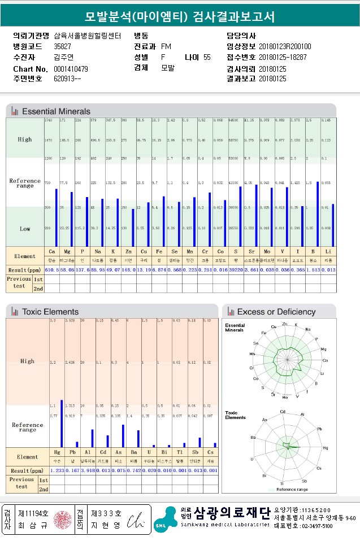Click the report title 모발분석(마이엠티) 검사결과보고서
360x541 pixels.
point(180,16)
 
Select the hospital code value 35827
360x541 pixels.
point(62,46)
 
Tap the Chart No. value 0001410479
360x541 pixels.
point(71,69)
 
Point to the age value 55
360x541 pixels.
point(207,57)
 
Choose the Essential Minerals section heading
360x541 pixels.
point(56,111)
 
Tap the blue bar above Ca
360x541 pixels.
point(57,217)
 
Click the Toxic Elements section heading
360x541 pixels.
point(50,311)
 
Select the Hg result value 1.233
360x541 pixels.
point(57,470)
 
